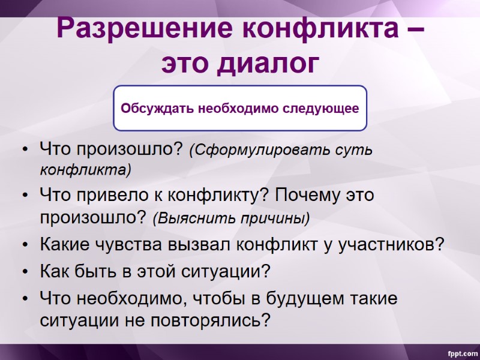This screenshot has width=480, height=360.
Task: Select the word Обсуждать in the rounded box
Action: click(x=150, y=109)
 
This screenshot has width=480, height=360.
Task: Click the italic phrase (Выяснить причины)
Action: click(x=231, y=217)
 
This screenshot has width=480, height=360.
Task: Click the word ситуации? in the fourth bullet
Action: click(x=226, y=271)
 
